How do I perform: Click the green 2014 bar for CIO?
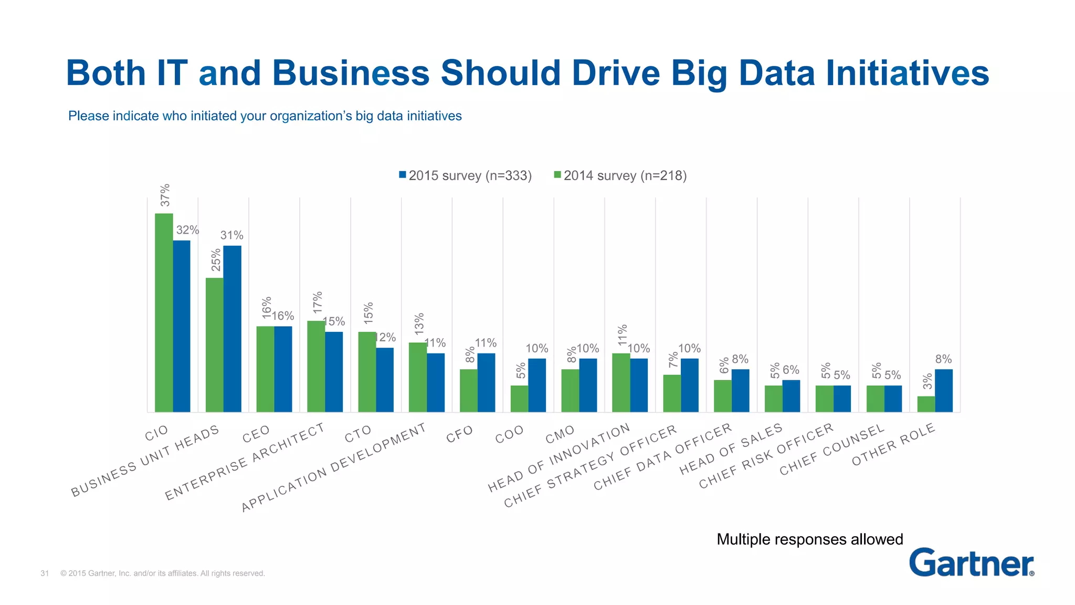(164, 312)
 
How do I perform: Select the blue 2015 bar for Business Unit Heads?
(233, 329)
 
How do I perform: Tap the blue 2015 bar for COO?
(537, 385)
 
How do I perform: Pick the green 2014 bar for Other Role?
(926, 404)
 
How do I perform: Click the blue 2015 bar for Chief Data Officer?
(741, 390)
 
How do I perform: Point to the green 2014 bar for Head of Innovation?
(621, 382)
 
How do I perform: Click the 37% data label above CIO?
(165, 195)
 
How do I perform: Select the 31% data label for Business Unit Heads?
(231, 235)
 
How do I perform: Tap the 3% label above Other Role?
(928, 382)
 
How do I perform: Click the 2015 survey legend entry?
(465, 175)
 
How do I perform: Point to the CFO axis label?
(460, 434)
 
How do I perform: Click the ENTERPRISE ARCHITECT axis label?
(245, 462)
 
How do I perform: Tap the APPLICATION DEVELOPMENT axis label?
(334, 467)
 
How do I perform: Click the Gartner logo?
(972, 562)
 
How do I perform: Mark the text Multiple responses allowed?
(809, 539)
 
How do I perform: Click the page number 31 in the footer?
(45, 573)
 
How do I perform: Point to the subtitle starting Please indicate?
(265, 116)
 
